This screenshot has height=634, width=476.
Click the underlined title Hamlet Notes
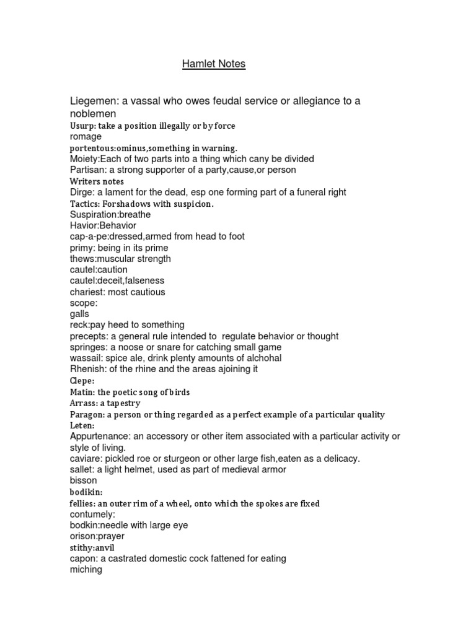coord(214,64)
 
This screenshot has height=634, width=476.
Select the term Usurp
coord(82,126)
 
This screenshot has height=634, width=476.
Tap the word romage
coord(86,136)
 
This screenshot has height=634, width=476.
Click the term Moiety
coord(84,158)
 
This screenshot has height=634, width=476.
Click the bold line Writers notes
coord(97,181)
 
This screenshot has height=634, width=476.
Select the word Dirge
coord(81,192)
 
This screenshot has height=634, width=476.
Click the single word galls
coord(79,314)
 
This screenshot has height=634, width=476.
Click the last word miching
coord(86,570)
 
